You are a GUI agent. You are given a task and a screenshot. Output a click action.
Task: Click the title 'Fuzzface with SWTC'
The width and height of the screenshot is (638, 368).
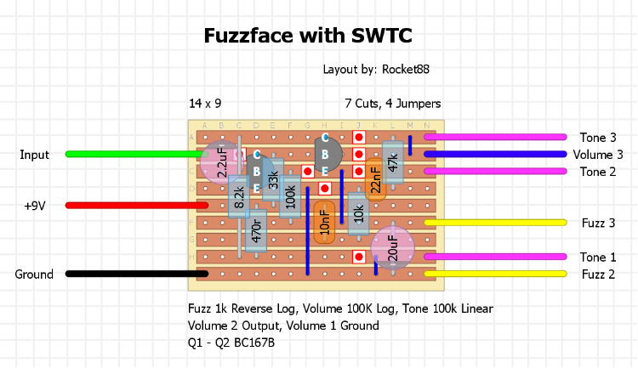coord(308,36)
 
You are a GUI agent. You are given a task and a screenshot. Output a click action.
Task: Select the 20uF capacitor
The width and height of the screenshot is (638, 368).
coord(392,248)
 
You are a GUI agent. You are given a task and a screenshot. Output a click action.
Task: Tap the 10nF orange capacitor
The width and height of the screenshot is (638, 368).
coord(324,223)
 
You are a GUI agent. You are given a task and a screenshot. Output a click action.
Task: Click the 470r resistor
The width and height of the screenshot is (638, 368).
coord(256,230)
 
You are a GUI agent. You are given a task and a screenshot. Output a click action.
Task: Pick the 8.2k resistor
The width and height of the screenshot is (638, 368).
coord(239,196)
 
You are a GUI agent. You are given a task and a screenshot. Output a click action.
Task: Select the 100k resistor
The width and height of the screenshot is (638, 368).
coord(290,196)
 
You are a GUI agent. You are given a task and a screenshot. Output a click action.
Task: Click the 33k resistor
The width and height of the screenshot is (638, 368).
coord(273,179)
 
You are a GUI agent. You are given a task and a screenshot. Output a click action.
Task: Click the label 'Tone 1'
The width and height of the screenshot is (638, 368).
coord(599,257)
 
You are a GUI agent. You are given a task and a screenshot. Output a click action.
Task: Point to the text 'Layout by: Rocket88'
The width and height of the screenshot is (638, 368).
coord(382,70)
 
